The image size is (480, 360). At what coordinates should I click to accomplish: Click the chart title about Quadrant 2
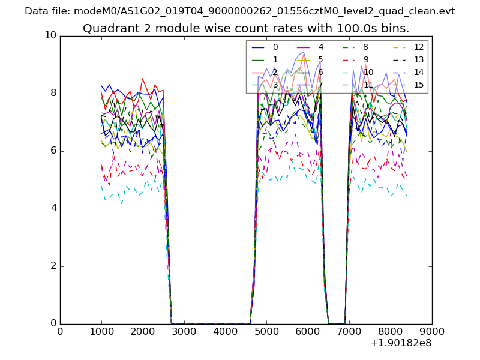246,28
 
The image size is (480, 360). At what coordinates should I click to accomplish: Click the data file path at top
239,11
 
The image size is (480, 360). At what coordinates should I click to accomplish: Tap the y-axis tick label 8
53,93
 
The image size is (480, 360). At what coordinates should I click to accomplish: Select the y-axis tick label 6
53,151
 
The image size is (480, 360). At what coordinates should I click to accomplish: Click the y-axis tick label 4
53,208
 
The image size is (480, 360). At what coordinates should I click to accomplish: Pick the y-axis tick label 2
53,266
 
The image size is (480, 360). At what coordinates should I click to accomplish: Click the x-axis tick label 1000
101,331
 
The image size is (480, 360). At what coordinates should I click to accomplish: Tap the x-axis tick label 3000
184,331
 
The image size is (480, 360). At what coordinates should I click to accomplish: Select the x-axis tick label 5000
266,331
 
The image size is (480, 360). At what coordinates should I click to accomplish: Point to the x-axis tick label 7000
349,331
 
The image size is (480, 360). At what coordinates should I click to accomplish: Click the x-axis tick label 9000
432,331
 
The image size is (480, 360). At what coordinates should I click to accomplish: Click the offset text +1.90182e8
401,343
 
